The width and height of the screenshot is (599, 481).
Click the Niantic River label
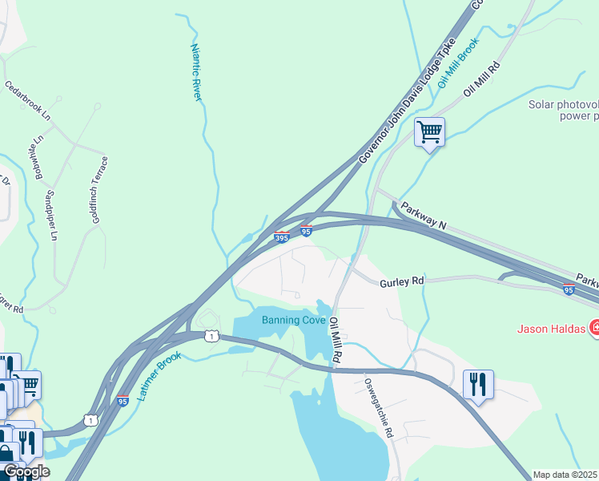(196, 72)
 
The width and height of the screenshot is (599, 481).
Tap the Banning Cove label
(294, 321)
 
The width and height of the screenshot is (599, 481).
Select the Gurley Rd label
(401, 282)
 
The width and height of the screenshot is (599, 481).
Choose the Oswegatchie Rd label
(380, 408)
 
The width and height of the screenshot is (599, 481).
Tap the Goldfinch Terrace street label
(100, 190)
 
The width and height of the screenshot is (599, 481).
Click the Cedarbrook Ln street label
(27, 101)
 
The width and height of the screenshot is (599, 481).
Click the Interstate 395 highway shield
(282, 237)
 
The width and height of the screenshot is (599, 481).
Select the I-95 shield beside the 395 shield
(306, 232)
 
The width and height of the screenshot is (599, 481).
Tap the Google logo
(26, 472)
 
